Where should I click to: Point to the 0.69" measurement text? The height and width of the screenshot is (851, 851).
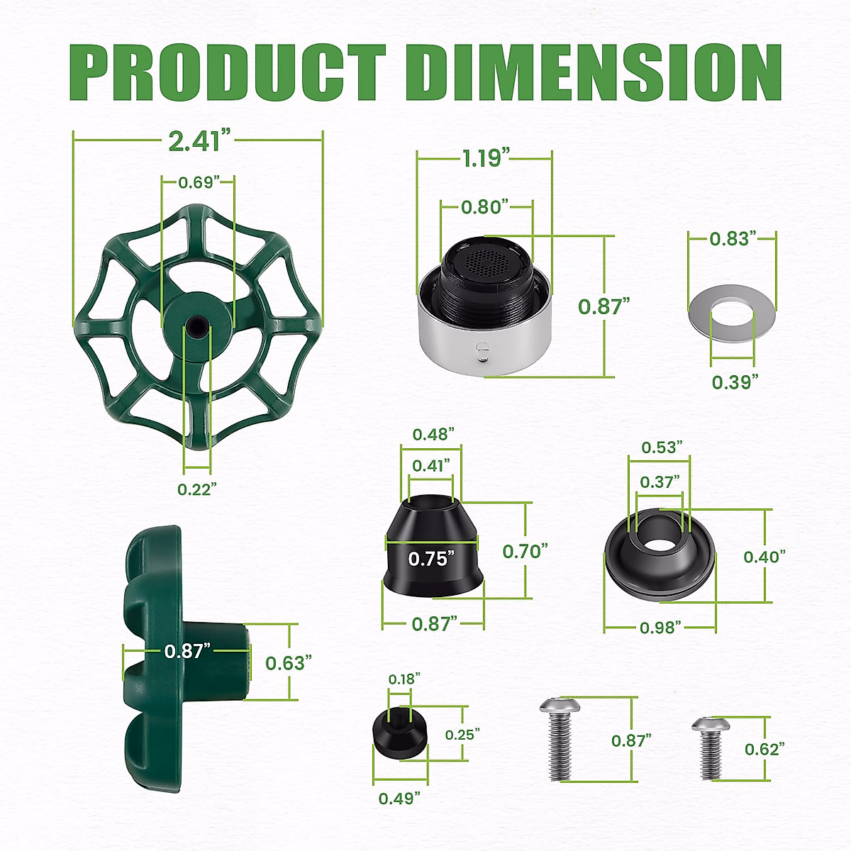point(196,182)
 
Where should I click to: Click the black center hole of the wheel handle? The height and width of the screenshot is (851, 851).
point(194,325)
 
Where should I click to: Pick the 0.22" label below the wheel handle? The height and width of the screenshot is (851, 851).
point(196,489)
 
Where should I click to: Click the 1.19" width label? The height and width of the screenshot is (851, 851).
point(486,157)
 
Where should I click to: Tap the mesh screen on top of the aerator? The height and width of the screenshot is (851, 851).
point(488,263)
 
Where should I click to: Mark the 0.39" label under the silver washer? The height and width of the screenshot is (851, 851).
point(735,382)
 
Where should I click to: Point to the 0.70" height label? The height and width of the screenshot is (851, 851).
point(525,551)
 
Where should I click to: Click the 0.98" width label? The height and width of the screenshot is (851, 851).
point(660,627)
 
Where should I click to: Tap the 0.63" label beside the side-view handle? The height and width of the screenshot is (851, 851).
point(289,662)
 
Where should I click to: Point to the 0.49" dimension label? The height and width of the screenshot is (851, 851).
point(399,799)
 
